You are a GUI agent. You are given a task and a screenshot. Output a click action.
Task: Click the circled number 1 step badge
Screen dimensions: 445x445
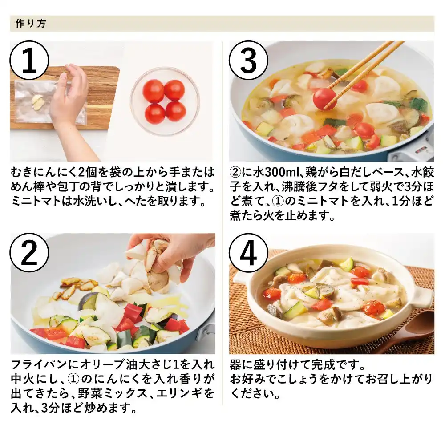click(29, 60)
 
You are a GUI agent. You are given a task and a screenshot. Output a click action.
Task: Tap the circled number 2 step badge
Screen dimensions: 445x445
click(29, 252)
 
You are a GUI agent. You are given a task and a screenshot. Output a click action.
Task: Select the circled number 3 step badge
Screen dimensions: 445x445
click(249, 60)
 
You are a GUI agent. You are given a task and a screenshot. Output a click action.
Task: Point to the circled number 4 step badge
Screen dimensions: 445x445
click(249, 252)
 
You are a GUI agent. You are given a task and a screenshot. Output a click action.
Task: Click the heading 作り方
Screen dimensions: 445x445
click(31, 23)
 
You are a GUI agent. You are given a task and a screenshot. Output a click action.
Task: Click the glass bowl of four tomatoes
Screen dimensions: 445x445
click(165, 101)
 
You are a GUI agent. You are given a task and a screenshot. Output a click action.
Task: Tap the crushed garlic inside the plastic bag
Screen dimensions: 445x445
click(37, 101)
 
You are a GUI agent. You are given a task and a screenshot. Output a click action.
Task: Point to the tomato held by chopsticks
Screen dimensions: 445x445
click(323, 98)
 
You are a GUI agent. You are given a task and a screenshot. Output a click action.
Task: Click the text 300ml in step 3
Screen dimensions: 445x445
click(279, 172)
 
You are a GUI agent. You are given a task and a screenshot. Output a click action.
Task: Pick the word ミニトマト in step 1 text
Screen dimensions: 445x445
click(36, 201)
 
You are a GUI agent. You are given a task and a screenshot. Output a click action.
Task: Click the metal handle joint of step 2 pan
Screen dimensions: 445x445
click(206, 330)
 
